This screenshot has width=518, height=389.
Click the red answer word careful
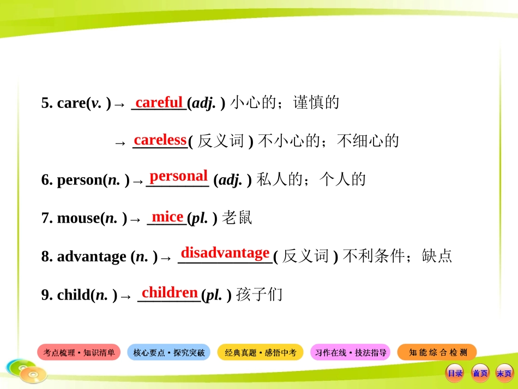[x=159, y=102]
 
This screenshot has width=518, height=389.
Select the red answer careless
[x=160, y=140]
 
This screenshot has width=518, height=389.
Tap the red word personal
[x=178, y=176]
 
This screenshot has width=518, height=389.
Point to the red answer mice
[x=167, y=217]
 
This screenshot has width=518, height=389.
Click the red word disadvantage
[x=225, y=253]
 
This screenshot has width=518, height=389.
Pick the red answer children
[x=170, y=292]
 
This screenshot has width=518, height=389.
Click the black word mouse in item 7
[x=79, y=219]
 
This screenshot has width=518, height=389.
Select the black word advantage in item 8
[x=92, y=256]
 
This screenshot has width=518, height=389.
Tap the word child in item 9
[x=74, y=295]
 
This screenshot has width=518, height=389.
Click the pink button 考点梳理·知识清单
[x=79, y=352]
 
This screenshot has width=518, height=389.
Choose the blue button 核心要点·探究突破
[x=169, y=352]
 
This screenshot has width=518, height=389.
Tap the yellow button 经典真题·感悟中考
[x=260, y=352]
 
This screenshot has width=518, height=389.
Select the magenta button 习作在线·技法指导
[x=351, y=352]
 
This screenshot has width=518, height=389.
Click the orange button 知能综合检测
[x=437, y=352]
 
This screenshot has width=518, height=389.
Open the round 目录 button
[x=455, y=373]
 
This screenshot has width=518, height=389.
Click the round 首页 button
[x=480, y=373]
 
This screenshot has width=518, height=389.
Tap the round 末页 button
[x=504, y=373]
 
